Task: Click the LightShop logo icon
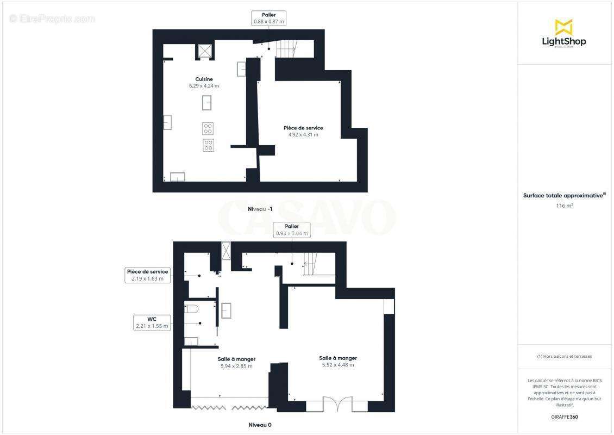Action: click(563, 27)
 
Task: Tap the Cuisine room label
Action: click(204, 79)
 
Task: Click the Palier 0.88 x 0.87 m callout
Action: click(268, 18)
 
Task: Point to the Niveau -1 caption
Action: click(260, 209)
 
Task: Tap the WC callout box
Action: click(153, 322)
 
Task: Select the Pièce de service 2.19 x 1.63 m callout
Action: click(147, 275)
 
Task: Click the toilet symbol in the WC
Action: click(192, 309)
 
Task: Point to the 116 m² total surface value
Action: click(565, 206)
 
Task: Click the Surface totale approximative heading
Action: click(563, 195)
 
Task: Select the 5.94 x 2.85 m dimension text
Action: click(236, 366)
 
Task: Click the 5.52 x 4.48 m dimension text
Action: click(338, 365)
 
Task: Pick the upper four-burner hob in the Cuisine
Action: click(208, 128)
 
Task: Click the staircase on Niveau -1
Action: click(286, 50)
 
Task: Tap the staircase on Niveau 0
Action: click(310, 265)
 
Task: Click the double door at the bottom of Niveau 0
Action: click(337, 404)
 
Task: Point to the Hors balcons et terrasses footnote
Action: click(565, 357)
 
